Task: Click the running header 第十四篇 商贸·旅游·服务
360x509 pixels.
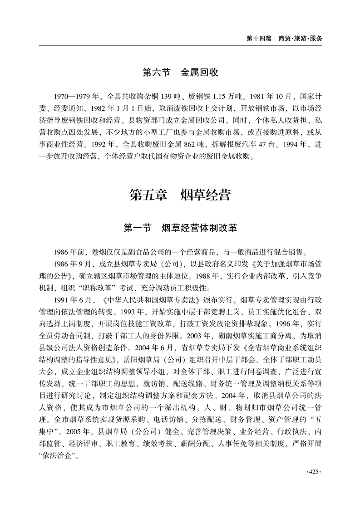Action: tap(284, 39)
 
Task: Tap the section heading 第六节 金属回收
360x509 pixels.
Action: tap(180, 73)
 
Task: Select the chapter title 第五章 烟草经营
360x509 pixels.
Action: tap(180, 196)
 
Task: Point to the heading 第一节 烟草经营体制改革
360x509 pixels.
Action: tap(180, 228)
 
